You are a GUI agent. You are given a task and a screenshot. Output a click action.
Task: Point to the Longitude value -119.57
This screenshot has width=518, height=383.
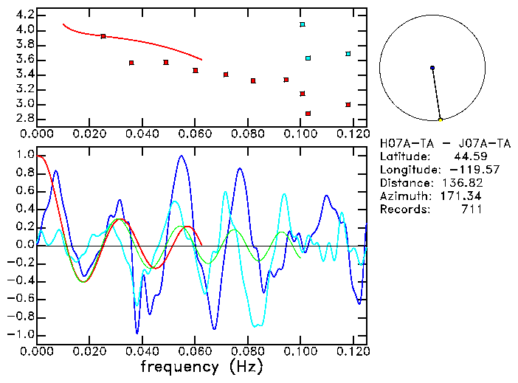(x=460, y=170)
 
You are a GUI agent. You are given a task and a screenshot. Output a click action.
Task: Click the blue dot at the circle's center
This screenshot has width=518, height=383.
(x=432, y=68)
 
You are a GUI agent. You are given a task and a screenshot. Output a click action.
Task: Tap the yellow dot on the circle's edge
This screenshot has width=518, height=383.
(x=441, y=120)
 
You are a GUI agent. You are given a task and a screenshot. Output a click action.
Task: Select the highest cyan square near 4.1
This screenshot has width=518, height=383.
(x=303, y=24)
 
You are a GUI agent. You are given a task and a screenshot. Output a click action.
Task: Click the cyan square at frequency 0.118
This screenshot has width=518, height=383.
(x=348, y=54)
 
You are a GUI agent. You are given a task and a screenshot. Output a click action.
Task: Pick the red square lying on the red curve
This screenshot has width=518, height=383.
(x=103, y=36)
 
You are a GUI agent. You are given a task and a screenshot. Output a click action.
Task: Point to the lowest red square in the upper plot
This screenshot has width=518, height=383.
(x=308, y=114)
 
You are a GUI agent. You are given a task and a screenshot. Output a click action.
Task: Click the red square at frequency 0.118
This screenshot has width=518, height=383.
(x=348, y=105)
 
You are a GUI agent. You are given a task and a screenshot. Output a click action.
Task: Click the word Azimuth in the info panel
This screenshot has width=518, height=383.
(x=402, y=196)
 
